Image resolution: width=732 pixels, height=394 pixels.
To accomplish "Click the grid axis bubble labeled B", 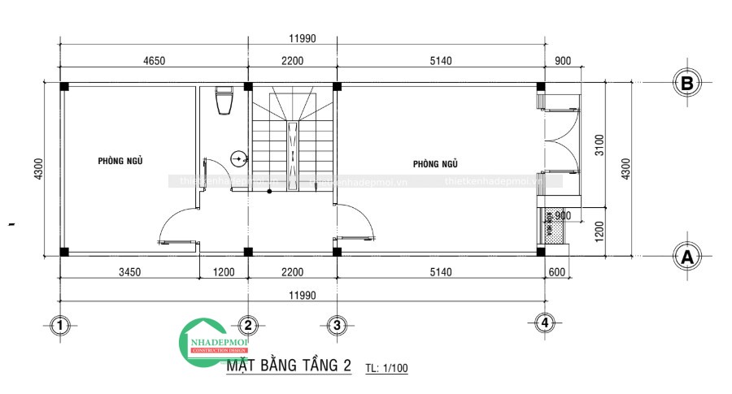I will (687, 83).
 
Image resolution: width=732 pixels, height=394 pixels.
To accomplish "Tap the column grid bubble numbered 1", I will (59, 326).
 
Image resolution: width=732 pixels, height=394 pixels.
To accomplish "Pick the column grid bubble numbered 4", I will (545, 323).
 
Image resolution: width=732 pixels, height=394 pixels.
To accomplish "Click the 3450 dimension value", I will (129, 272).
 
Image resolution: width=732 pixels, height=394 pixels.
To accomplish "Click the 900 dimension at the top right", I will (562, 60).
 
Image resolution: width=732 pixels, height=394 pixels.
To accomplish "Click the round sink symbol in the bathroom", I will (239, 159).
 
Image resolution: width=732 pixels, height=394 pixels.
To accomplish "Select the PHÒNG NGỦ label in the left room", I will (120, 161).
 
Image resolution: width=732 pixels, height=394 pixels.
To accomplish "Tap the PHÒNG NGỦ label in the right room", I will (436, 164).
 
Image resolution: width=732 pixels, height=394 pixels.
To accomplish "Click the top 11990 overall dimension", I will (302, 38).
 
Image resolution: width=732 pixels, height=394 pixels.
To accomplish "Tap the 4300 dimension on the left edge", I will (38, 169).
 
